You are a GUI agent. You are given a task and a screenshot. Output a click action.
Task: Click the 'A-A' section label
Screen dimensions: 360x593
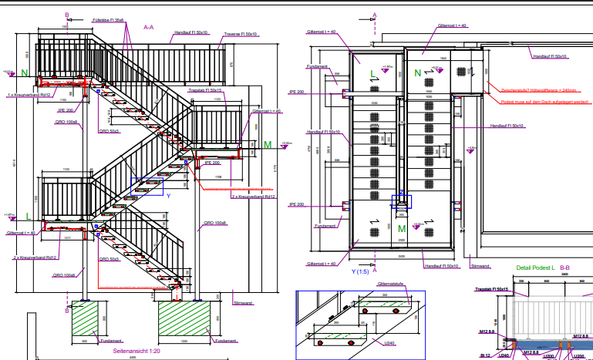149,26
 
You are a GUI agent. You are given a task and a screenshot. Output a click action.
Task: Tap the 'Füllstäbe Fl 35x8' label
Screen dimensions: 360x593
107,19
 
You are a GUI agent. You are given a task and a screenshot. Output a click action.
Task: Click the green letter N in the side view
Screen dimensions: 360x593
24,73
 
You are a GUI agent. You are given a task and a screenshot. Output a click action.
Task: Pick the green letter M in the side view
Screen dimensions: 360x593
268,144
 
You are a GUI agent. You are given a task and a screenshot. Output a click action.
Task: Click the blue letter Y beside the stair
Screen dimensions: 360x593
168,196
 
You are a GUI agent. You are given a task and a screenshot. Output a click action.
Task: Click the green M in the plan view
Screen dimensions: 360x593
401,228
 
